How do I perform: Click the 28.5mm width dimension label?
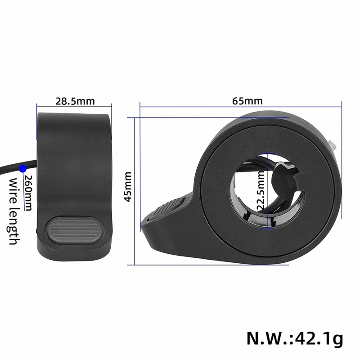[x=75, y=101]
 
